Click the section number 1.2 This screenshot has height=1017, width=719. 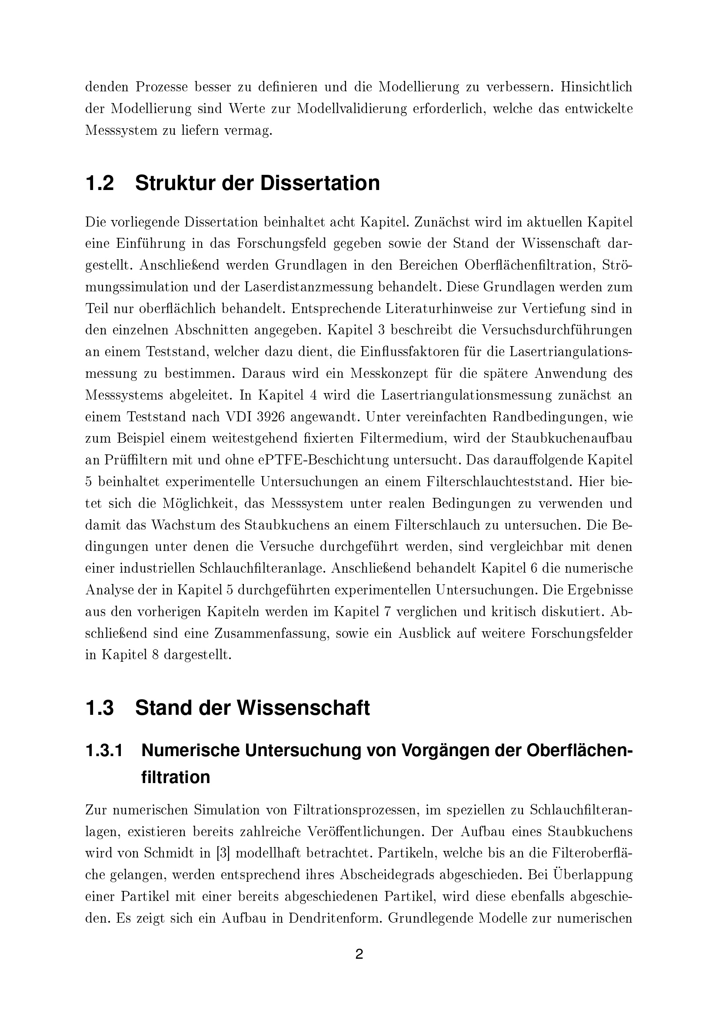[100, 183]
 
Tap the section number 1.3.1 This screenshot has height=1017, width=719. [104, 751]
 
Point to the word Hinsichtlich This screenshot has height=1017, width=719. [596, 87]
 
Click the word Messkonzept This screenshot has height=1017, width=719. [390, 373]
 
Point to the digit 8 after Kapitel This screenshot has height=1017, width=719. [155, 656]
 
